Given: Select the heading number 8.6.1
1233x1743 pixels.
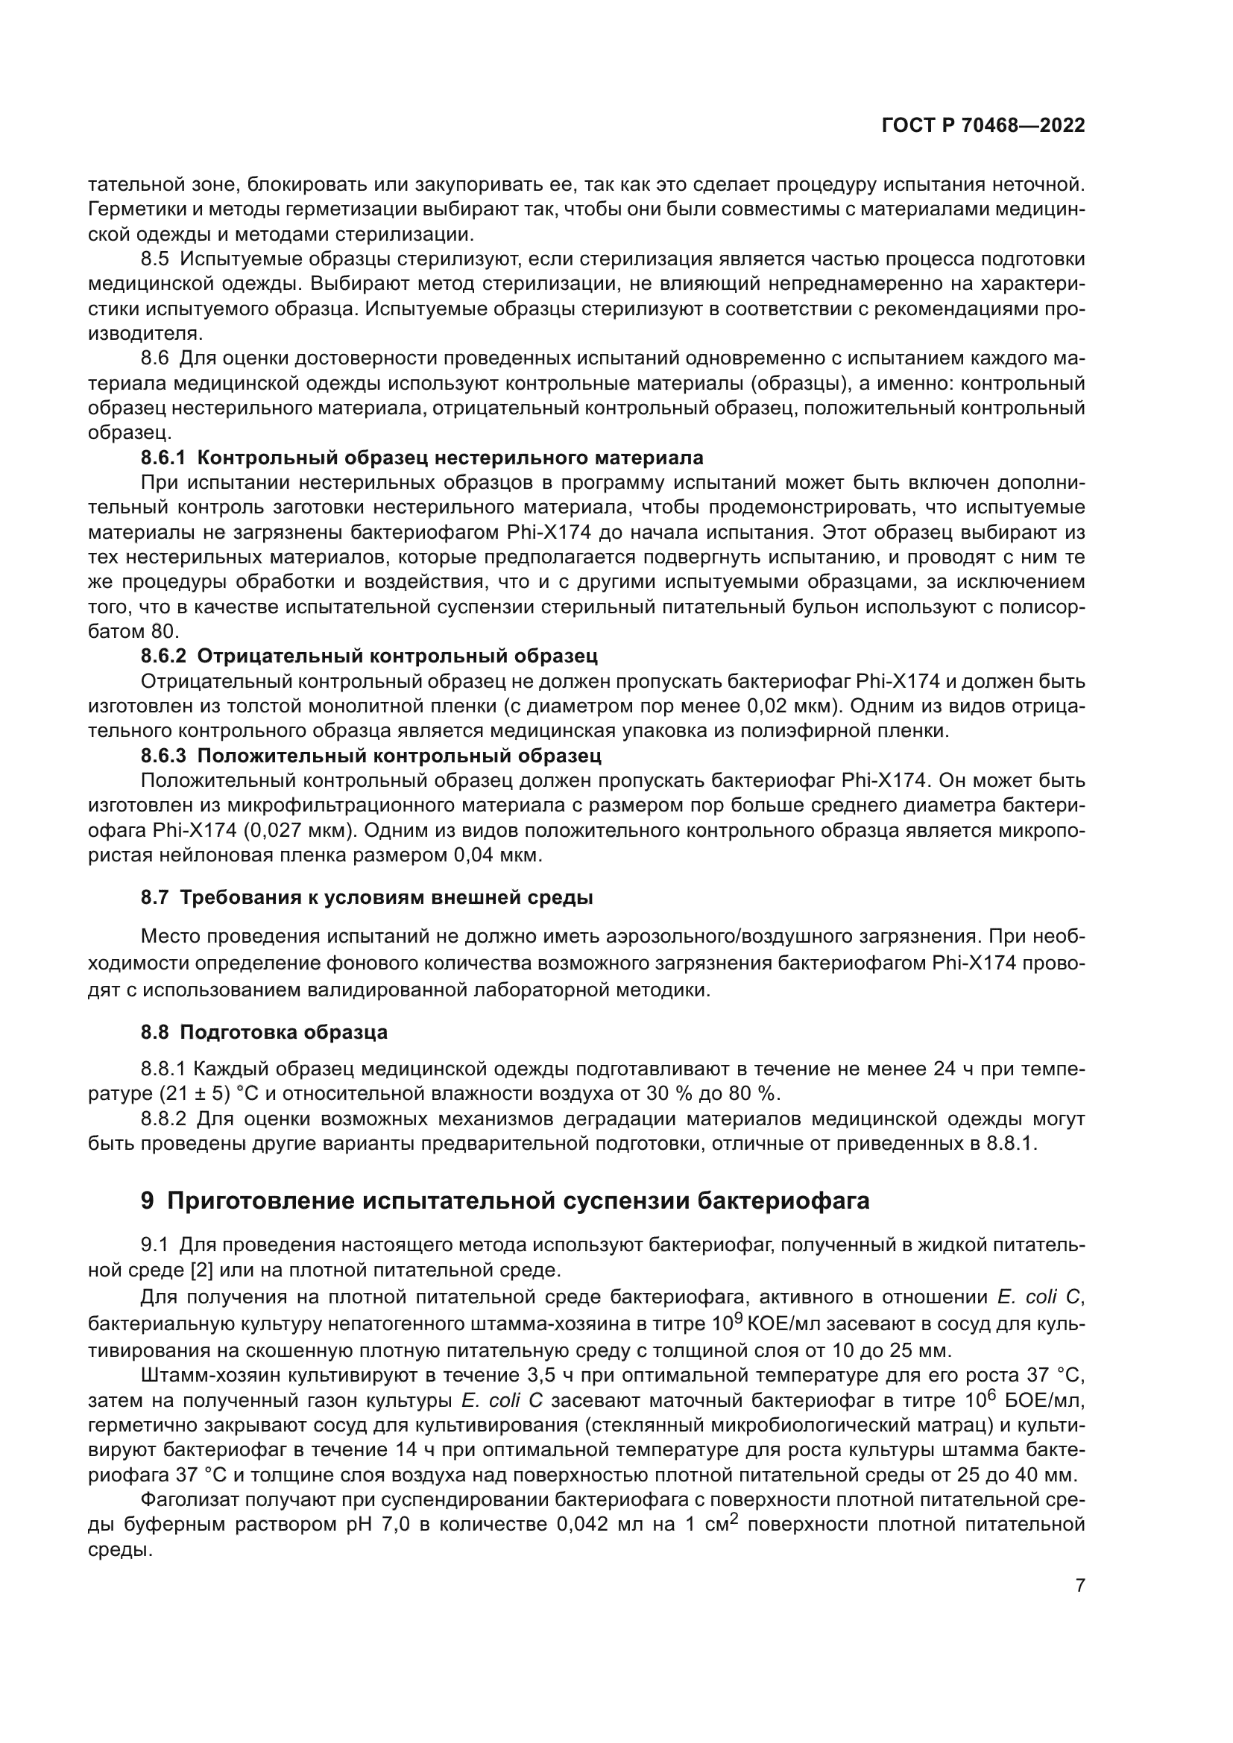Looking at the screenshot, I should coord(163,458).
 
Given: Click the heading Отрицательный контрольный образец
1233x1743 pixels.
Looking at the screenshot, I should coord(397,656).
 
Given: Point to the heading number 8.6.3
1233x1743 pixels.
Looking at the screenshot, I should coord(163,756).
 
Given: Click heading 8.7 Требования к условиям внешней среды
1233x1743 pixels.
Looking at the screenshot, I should coord(367,897).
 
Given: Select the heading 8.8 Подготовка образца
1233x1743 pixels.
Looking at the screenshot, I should coord(263,1031).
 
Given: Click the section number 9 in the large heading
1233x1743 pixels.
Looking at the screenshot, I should coord(148,1202).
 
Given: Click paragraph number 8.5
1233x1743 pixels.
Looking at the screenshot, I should coord(155,259).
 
